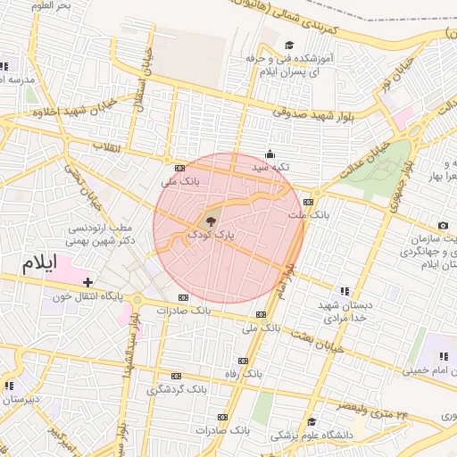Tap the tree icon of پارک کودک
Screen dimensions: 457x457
pos(211,221)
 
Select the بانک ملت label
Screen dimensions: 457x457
pos(310,215)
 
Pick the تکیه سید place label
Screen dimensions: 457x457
pos(270,166)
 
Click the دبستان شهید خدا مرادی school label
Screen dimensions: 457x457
pos(344,312)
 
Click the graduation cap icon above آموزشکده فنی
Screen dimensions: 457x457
pos(288,45)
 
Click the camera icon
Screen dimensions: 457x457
pos(443,226)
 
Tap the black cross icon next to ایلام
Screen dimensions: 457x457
pos(87,282)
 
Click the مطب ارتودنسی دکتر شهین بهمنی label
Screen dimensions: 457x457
pos(103,234)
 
